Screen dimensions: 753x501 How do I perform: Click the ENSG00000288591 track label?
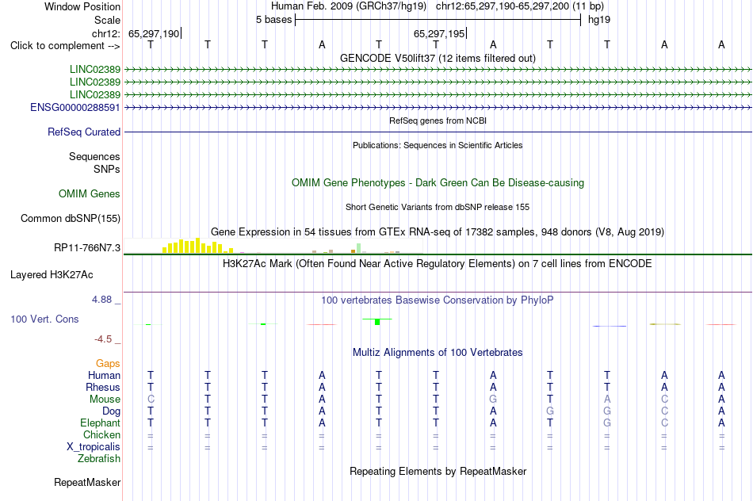[75, 107]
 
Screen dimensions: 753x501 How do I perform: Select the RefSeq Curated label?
[84, 132]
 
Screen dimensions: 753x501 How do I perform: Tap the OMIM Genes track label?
[90, 193]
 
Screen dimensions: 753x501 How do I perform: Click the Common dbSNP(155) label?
[71, 218]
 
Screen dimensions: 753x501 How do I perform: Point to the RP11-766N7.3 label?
[87, 247]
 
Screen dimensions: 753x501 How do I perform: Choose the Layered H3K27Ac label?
[52, 275]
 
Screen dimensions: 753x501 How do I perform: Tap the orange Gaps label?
[108, 363]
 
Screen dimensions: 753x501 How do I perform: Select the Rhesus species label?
[103, 387]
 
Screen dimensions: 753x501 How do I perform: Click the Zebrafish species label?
[99, 458]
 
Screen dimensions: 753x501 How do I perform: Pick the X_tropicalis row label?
[94, 447]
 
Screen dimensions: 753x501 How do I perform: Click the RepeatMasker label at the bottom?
[87, 482]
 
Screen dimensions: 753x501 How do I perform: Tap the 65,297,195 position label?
[439, 33]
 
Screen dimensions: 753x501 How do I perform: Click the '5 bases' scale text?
[273, 20]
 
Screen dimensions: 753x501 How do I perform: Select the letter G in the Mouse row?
[493, 400]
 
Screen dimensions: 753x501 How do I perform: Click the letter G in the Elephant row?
[607, 423]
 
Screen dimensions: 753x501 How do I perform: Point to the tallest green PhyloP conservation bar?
[377, 321]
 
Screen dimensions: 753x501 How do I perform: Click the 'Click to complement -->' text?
[65, 46]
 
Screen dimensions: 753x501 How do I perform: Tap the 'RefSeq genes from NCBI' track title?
[438, 120]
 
